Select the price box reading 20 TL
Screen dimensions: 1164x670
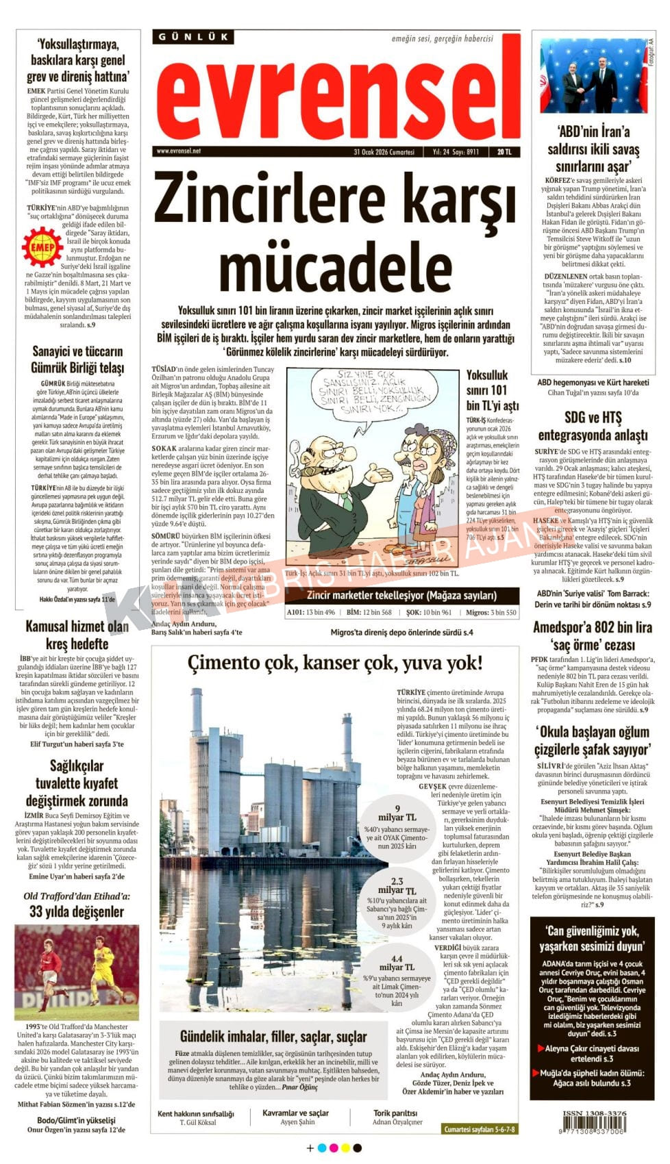(x=504, y=152)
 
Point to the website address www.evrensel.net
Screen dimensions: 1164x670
(x=179, y=151)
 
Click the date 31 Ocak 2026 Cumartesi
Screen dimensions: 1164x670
(x=384, y=152)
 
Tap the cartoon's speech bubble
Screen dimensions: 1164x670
(x=375, y=393)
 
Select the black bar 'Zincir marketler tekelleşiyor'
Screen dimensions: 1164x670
(x=401, y=595)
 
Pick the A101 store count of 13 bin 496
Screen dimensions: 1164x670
(x=311, y=612)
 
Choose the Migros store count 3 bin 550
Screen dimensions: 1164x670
(x=491, y=612)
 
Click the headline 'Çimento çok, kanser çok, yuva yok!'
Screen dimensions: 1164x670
(x=335, y=662)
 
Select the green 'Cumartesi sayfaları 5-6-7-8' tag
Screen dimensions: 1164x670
(x=480, y=1129)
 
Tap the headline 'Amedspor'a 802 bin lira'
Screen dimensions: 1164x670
(x=593, y=627)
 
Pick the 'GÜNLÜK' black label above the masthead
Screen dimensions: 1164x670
(x=193, y=37)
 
